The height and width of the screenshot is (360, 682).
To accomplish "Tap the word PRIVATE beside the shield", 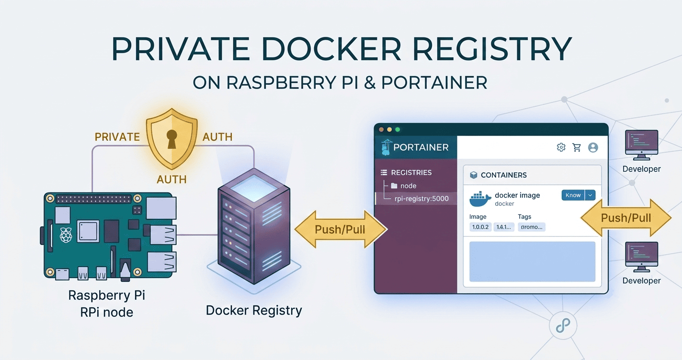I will [x=117, y=137].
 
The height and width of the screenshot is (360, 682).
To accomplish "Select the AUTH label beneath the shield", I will [x=171, y=179].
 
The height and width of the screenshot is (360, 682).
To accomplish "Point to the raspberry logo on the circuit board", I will [x=66, y=235].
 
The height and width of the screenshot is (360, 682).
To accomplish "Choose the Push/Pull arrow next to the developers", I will [x=625, y=218].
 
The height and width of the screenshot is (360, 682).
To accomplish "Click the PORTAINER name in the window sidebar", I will [x=421, y=147].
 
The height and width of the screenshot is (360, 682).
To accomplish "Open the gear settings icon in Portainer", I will [x=561, y=147].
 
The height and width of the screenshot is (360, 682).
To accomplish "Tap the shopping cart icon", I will [x=577, y=147].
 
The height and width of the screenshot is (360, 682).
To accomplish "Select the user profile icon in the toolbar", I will [x=593, y=147].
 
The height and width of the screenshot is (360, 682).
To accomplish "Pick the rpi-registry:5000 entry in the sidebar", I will [x=421, y=198].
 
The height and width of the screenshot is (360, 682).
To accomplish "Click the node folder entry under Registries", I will [x=408, y=186].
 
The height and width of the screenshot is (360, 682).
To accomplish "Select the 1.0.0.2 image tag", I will [x=480, y=227].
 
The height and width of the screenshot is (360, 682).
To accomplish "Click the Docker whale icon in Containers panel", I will [x=480, y=198].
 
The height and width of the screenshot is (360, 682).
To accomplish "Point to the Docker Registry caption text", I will [x=254, y=310].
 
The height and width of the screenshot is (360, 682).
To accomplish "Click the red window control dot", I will [x=382, y=130].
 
